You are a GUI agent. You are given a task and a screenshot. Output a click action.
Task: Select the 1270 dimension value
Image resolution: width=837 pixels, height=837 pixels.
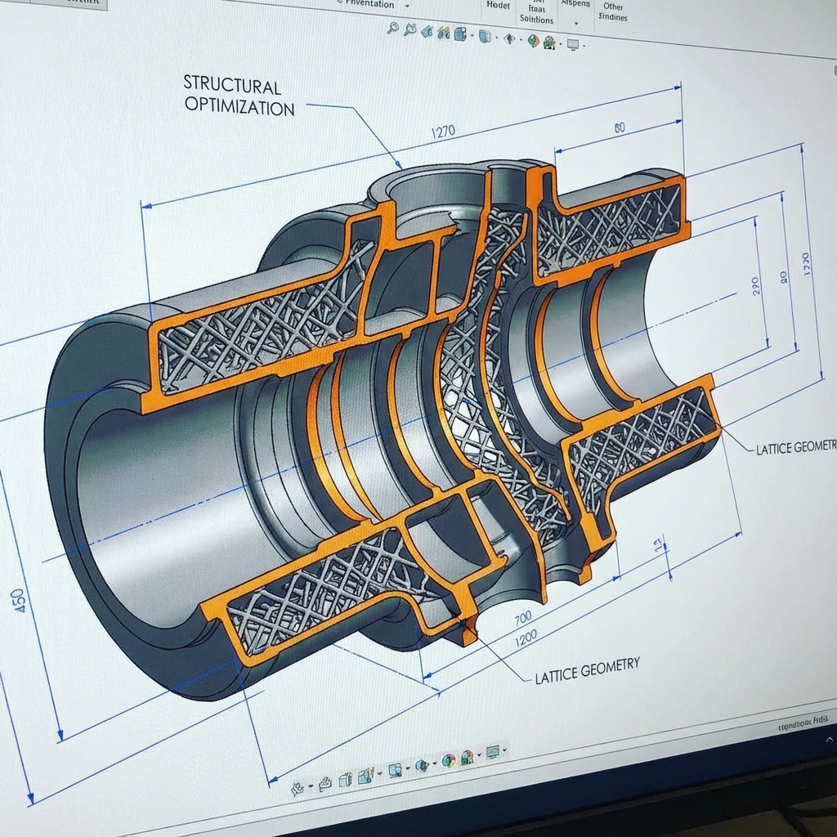(442, 132)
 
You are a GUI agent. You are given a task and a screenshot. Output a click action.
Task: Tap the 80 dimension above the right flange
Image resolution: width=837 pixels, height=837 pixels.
(619, 128)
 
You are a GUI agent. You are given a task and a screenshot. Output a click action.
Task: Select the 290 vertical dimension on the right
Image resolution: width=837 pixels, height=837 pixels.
(754, 285)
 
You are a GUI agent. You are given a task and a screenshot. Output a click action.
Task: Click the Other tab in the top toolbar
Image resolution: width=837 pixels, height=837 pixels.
(613, 7)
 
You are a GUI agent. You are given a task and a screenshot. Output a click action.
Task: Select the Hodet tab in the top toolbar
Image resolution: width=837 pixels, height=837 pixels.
(497, 5)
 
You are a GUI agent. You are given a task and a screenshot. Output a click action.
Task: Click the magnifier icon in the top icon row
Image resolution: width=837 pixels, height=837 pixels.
(392, 29)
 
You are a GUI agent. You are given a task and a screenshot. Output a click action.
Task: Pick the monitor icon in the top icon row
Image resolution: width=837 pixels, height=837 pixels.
(573, 44)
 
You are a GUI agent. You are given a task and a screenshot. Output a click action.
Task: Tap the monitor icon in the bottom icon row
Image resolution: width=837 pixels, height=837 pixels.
(493, 751)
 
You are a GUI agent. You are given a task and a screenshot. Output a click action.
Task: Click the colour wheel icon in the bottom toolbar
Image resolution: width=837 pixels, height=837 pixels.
(448, 761)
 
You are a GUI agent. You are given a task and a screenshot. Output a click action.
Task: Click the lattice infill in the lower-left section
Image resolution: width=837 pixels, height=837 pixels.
(311, 593)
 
